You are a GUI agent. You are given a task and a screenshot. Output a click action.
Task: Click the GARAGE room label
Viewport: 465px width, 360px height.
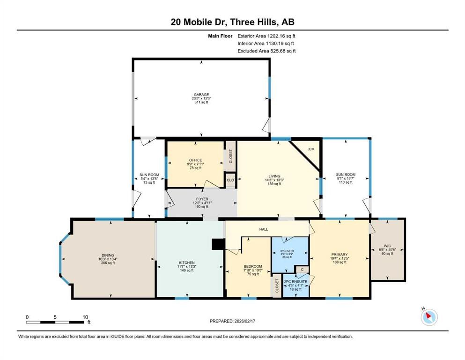click(x=201, y=94)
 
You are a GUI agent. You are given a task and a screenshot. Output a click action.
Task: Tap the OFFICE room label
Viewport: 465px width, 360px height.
click(x=195, y=160)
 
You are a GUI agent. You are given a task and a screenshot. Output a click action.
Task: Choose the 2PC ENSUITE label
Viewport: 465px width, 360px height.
click(x=295, y=281)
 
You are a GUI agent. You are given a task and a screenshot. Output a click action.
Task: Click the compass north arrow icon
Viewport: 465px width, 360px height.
click(x=429, y=317)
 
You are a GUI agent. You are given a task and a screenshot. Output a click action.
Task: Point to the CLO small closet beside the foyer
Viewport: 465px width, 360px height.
click(x=230, y=180)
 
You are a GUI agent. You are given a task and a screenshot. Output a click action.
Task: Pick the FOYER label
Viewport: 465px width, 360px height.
click(x=202, y=199)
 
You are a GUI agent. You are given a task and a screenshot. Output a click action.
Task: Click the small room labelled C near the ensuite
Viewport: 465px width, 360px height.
click(x=302, y=270)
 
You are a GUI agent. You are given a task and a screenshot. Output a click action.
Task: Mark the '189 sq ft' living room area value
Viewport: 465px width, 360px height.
click(x=274, y=184)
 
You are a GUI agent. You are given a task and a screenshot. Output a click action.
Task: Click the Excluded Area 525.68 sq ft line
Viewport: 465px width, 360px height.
click(x=266, y=51)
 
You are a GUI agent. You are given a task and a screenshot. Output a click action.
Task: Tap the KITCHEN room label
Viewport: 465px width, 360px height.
click(x=186, y=262)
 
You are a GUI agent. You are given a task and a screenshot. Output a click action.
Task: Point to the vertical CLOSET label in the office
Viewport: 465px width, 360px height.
click(x=230, y=156)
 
